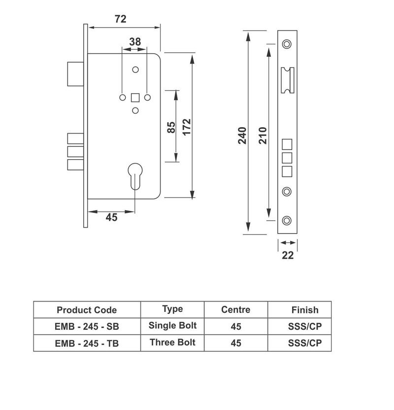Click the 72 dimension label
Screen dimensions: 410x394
[x=120, y=19]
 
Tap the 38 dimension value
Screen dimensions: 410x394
[x=134, y=42]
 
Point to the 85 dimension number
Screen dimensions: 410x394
[x=171, y=127]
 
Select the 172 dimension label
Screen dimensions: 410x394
[x=187, y=127]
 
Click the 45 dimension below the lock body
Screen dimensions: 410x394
[x=112, y=217]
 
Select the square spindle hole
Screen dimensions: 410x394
[x=134, y=97]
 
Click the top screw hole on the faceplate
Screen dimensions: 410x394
[x=287, y=44]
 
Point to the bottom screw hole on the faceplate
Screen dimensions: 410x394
[x=287, y=220]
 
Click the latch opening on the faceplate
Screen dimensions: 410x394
[x=287, y=79]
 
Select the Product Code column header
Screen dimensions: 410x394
[x=87, y=310]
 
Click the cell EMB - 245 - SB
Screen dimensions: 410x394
[x=87, y=326]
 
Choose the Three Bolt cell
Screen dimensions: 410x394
[x=172, y=342]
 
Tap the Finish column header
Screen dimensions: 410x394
[x=305, y=310]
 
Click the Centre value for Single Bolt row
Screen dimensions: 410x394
[x=236, y=326]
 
